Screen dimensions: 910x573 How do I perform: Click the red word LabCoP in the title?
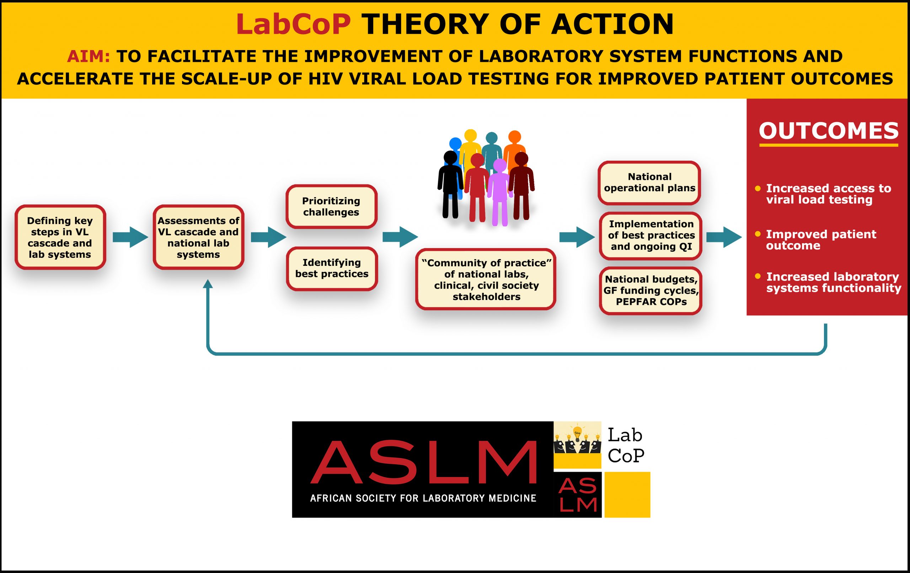(293, 24)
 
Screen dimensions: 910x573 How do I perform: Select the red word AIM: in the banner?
(89, 56)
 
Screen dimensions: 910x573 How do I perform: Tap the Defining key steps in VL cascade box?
(60, 237)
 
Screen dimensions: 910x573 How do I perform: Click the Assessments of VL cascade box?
(198, 237)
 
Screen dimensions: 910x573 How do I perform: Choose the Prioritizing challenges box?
(331, 207)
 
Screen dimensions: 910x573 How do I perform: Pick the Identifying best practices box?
(332, 268)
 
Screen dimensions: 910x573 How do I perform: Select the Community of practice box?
(486, 279)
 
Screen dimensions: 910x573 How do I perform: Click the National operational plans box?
(649, 183)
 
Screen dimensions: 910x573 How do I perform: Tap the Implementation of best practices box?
(651, 235)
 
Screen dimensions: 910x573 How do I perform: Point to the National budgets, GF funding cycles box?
(651, 290)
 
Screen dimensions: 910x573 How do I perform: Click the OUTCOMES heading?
(829, 131)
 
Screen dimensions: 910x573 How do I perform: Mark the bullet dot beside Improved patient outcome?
(757, 234)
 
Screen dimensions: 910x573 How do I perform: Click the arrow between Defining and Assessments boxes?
(130, 237)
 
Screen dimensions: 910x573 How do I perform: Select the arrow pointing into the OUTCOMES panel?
(724, 237)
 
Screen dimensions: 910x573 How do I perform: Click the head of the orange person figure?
(515, 136)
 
